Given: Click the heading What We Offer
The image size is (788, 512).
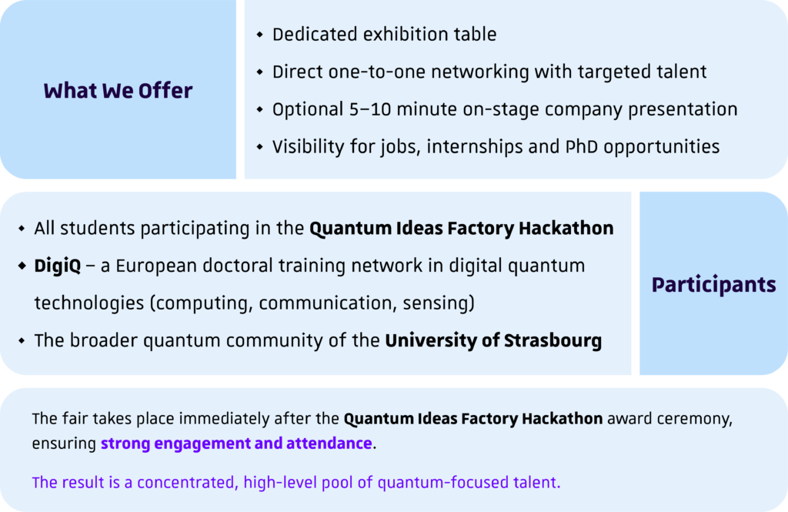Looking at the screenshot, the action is click(x=118, y=91).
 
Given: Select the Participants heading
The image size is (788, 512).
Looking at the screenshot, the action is click(x=713, y=285).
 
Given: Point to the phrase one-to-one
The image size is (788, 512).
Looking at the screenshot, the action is click(x=377, y=72).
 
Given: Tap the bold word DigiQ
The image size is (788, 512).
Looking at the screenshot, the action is click(x=57, y=266).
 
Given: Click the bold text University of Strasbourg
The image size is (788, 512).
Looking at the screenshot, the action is click(x=493, y=340).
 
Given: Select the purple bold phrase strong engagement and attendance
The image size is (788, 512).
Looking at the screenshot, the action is click(x=236, y=443).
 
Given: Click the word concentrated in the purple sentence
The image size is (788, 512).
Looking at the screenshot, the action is click(x=185, y=483).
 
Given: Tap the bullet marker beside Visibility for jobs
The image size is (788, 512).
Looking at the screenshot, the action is click(x=260, y=147).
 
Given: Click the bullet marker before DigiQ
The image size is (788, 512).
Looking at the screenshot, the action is click(x=22, y=266).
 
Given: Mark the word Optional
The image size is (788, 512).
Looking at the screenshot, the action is click(x=308, y=109).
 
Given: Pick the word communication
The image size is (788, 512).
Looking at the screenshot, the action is click(x=328, y=303).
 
